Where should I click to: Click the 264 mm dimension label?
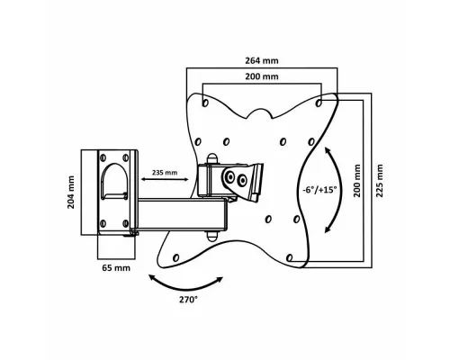click(262, 60)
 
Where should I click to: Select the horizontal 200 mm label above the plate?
click(262, 76)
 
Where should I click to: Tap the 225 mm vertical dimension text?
click(380, 181)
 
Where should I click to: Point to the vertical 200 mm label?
click(356, 181)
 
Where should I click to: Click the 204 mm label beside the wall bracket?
click(70, 193)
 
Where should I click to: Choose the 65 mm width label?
click(116, 268)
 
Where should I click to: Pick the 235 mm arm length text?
click(165, 173)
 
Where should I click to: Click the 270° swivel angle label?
click(188, 300)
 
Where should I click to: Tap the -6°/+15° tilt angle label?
click(319, 190)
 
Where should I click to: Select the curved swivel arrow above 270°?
click(186, 289)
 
